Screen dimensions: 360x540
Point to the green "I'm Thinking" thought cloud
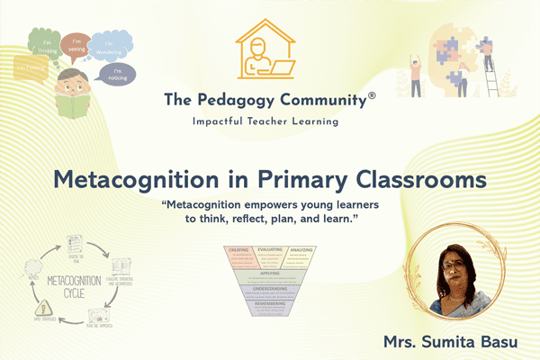click(x=44, y=41)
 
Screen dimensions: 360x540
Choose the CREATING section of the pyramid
click(x=239, y=254)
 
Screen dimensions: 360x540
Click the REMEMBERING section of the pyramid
click(x=271, y=307)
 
